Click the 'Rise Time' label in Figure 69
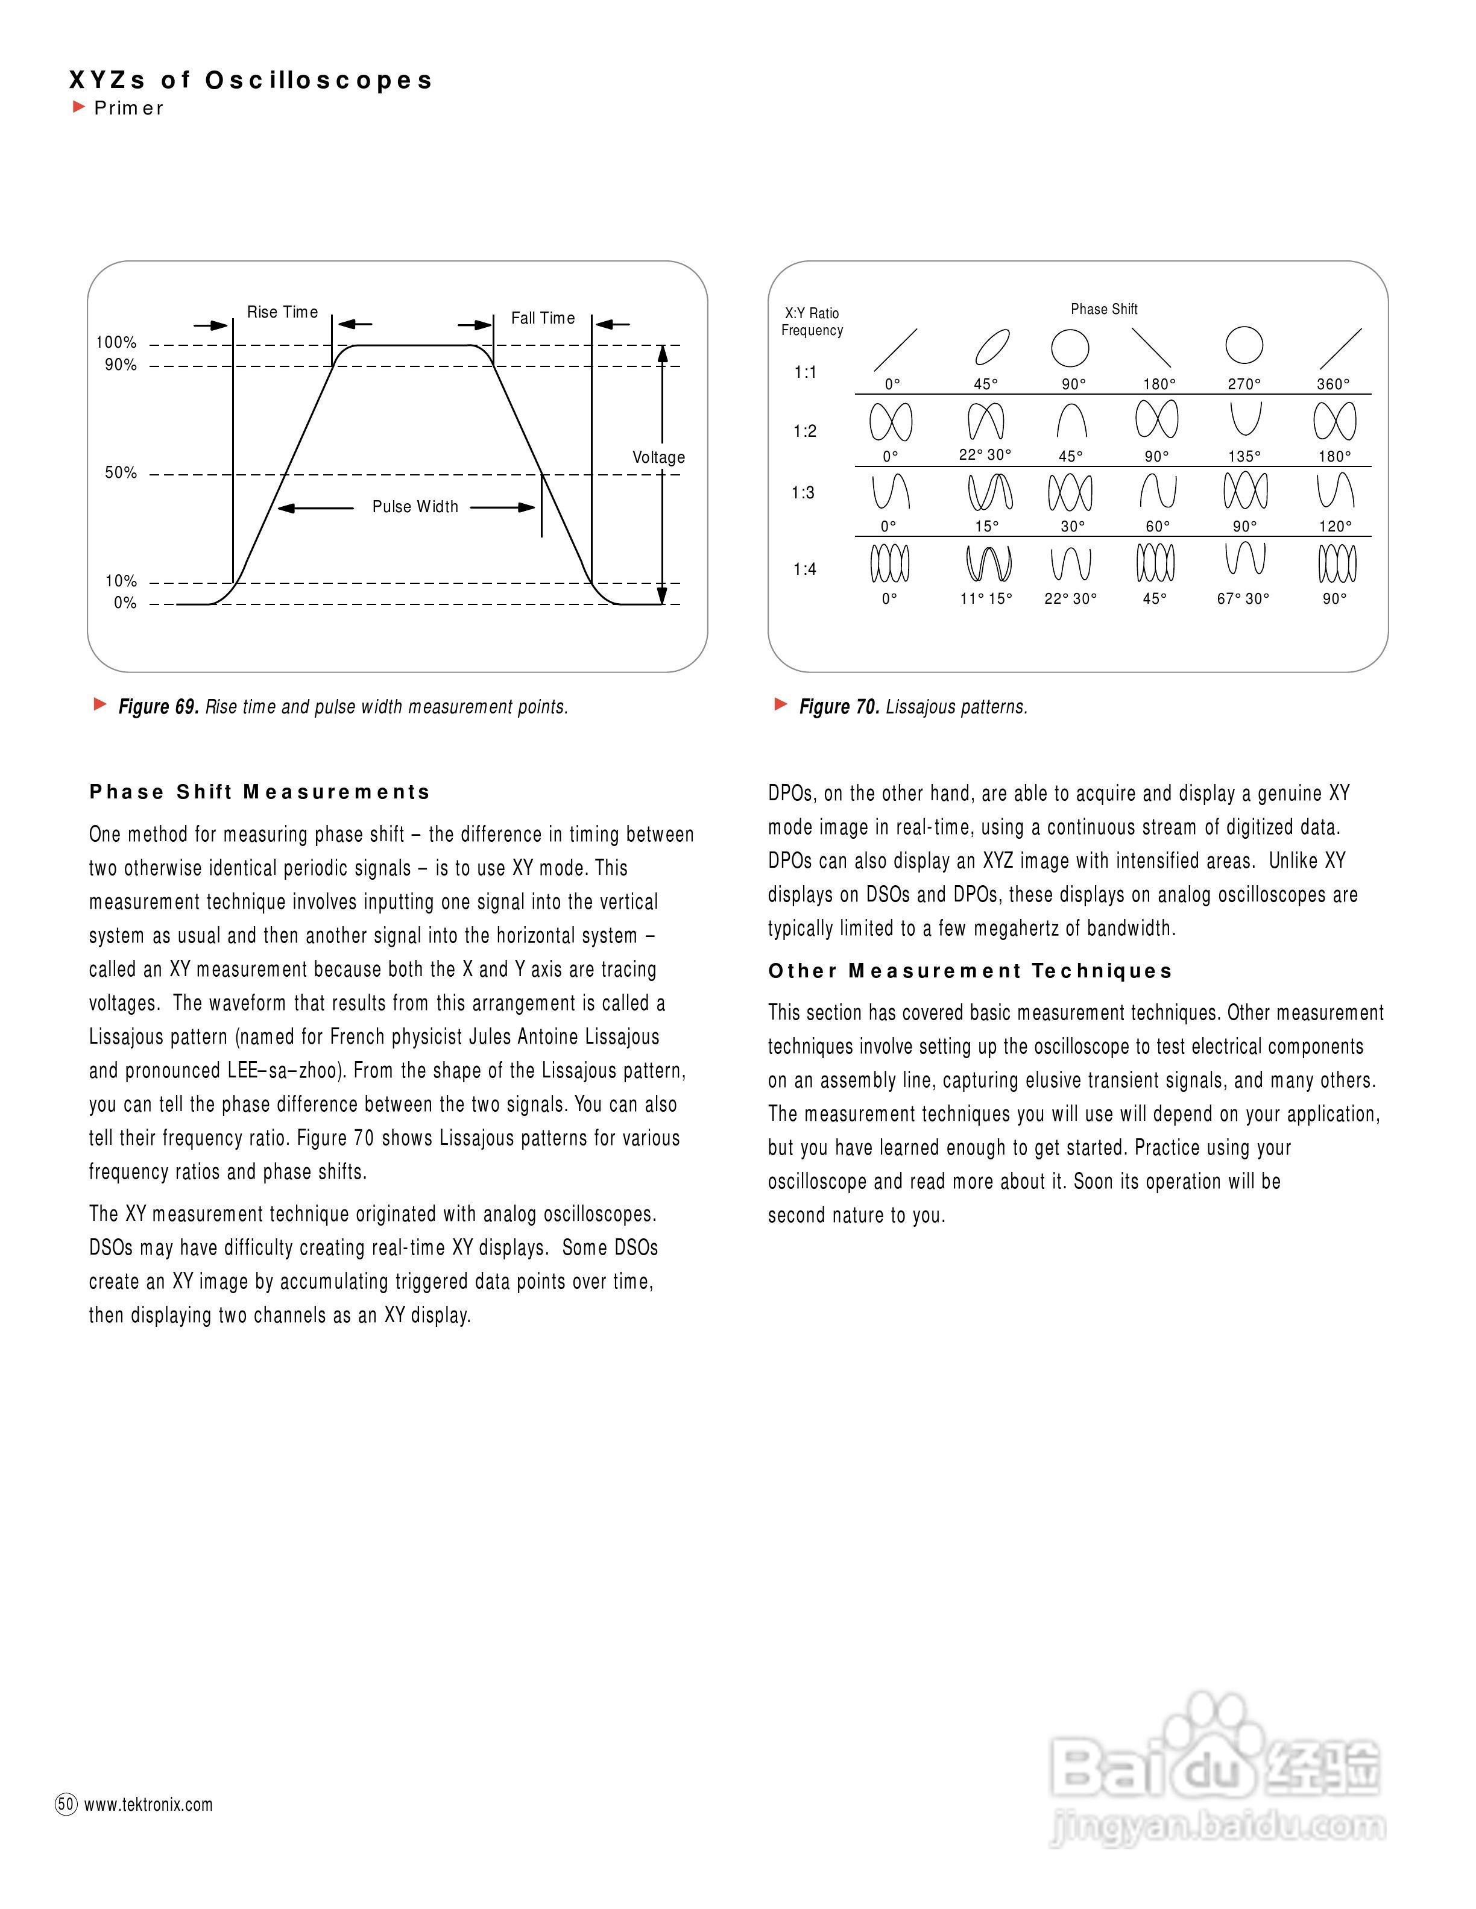click(282, 312)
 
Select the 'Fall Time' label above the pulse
click(543, 318)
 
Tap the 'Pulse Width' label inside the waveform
click(415, 507)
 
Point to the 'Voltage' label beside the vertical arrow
click(658, 457)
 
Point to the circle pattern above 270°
click(1244, 345)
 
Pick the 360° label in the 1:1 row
click(1334, 384)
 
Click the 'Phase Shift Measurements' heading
click(260, 792)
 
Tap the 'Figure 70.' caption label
click(839, 706)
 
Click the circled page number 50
click(66, 1804)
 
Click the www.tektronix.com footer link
click(149, 1805)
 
